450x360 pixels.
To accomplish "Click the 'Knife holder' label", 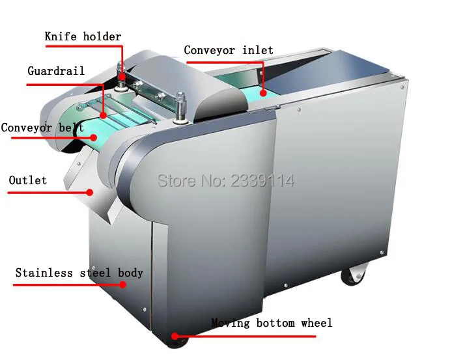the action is click(83, 36).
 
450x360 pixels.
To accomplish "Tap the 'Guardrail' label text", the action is click(55, 71).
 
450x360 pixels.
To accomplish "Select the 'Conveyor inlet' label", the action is click(229, 50).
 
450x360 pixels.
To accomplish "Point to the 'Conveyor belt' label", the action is click(42, 128).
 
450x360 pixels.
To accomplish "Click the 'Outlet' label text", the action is click(27, 180).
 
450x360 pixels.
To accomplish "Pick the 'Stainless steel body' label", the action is click(79, 273).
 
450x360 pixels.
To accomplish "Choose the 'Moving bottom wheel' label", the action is click(272, 323).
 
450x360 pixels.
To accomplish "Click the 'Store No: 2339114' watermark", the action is click(225, 180).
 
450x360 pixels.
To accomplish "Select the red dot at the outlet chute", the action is click(91, 192).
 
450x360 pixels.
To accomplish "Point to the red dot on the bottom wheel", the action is click(175, 337).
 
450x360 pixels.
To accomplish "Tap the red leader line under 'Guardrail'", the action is click(65, 84).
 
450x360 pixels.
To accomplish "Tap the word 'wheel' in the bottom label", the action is click(316, 323).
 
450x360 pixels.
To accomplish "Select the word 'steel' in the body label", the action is click(95, 273).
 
